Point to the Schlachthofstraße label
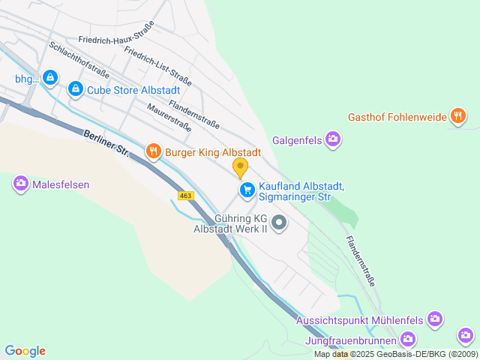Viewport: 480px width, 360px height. coord(79,59)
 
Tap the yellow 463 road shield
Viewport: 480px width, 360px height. coord(186,196)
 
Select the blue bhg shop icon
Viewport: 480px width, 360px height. coord(49,77)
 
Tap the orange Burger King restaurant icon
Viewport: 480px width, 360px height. coord(154,151)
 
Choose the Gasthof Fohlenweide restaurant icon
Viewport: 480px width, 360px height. coord(457,116)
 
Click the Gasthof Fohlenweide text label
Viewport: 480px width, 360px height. coord(397,117)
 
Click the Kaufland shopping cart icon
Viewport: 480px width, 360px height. coord(247,190)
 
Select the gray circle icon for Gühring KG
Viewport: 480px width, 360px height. coord(279,222)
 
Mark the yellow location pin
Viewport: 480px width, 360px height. coord(240,168)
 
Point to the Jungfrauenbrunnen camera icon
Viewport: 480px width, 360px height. coord(407,340)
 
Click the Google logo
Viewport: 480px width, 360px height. coord(25,351)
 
